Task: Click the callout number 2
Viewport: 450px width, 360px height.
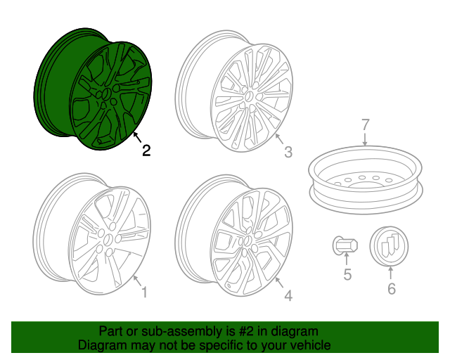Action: click(146, 150)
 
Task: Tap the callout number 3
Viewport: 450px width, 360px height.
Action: click(288, 152)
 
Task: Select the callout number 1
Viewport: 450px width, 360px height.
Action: click(144, 292)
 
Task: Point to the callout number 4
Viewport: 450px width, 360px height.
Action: click(288, 296)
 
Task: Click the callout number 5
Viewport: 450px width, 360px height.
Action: click(347, 274)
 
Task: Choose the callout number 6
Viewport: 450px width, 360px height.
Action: click(392, 288)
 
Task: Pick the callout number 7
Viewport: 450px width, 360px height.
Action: click(365, 125)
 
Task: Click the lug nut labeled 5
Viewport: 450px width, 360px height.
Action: click(345, 245)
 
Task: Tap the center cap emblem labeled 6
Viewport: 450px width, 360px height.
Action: click(389, 246)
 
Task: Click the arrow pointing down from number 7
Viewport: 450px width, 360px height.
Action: click(365, 139)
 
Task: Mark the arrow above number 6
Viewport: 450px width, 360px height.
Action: click(391, 273)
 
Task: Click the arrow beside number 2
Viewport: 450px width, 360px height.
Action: click(138, 137)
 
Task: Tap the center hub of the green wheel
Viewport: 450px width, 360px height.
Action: click(107, 94)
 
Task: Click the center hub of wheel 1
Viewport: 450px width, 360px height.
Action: click(108, 240)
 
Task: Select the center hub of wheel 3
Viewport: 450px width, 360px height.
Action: click(248, 97)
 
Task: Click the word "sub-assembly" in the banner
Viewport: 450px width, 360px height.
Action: click(181, 331)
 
